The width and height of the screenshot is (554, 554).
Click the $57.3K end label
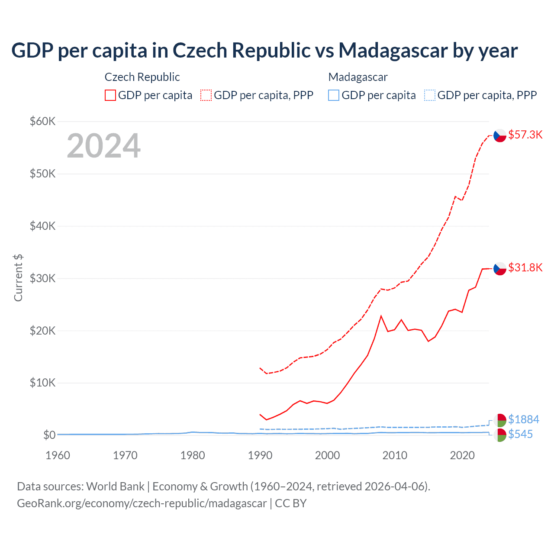(x=525, y=135)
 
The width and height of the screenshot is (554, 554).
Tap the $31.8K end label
(x=525, y=267)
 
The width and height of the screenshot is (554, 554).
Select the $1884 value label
(x=523, y=419)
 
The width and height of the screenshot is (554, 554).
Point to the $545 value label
(x=520, y=434)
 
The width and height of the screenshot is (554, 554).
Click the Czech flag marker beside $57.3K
(x=500, y=135)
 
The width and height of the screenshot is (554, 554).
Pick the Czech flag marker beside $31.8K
(x=500, y=268)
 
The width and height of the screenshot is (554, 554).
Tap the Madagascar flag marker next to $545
(x=500, y=435)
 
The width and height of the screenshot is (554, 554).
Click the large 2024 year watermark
(x=103, y=146)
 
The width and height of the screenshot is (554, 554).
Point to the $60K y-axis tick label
(x=42, y=121)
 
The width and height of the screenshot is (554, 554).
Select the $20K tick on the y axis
(x=42, y=331)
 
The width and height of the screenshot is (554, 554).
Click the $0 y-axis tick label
(x=49, y=435)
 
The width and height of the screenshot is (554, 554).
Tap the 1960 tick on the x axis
(x=58, y=455)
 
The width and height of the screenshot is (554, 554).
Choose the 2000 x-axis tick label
(x=327, y=455)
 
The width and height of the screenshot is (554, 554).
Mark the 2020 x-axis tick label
(x=462, y=455)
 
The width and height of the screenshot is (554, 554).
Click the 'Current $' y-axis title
(x=18, y=278)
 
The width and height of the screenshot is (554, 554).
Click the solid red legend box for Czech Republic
(x=110, y=95)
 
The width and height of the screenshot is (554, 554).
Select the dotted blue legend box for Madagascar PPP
(x=430, y=95)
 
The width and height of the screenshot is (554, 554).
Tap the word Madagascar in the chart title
(x=393, y=50)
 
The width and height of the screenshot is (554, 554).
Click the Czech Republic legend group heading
(x=142, y=77)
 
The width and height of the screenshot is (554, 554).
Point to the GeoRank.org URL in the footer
(x=142, y=503)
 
